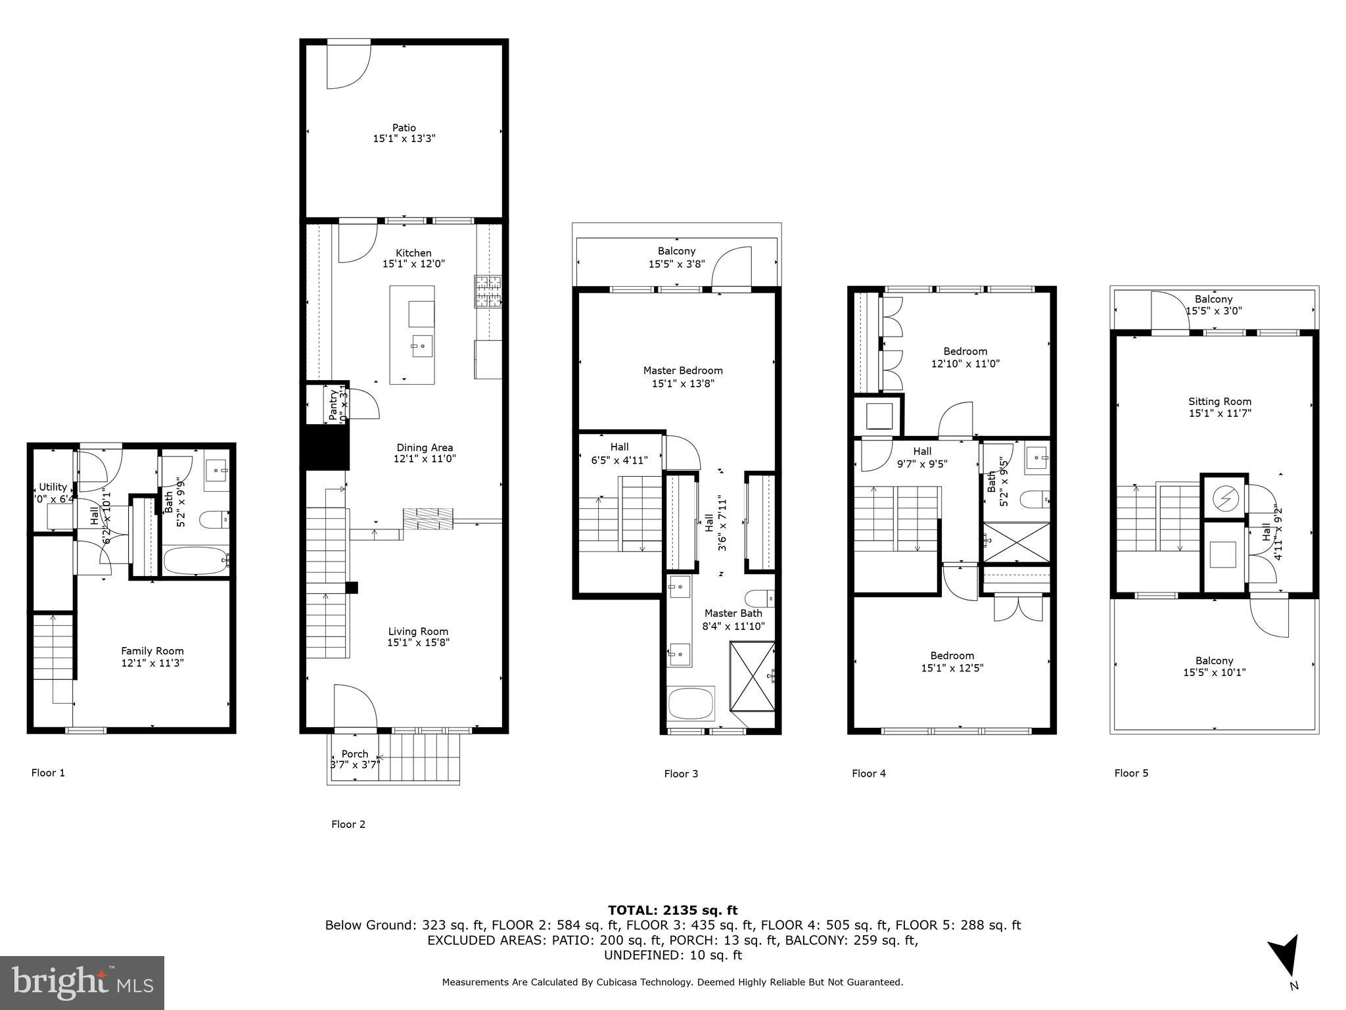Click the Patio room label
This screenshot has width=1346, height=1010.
tap(404, 128)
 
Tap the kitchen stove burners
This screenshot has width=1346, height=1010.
tap(488, 291)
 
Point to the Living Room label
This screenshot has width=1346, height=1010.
tap(418, 631)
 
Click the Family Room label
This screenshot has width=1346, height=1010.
tap(152, 651)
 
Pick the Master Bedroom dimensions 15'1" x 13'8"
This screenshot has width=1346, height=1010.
tap(683, 383)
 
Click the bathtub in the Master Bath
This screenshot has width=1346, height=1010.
tap(691, 704)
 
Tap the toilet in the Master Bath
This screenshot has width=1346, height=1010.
tap(760, 598)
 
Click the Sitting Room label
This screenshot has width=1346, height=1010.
tap(1219, 401)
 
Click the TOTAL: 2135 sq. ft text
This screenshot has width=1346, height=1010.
tap(672, 910)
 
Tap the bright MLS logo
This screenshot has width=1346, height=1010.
tap(82, 982)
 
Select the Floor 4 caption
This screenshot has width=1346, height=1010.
tap(868, 773)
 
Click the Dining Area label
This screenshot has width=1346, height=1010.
tap(425, 448)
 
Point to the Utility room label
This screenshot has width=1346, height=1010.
tap(53, 487)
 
